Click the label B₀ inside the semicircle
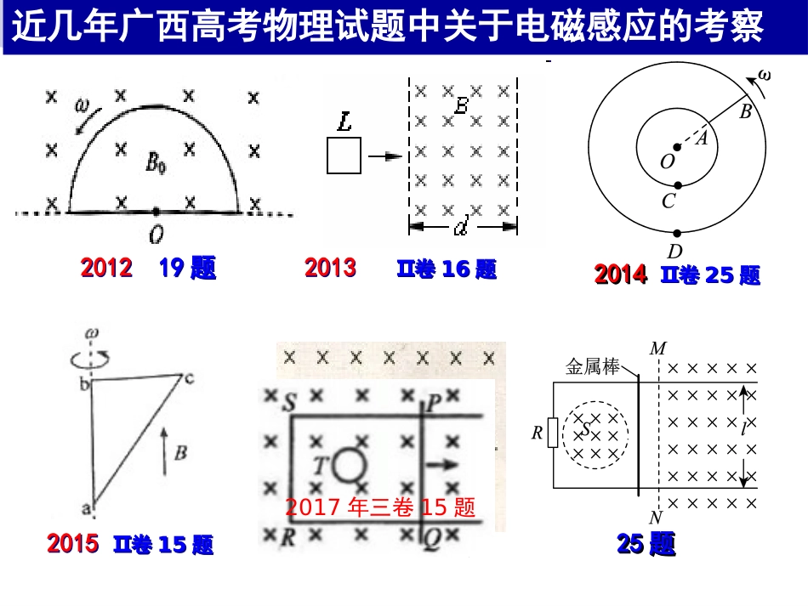[156, 162]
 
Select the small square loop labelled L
[344, 156]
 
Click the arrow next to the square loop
[386, 156]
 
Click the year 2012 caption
[106, 269]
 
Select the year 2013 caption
[330, 269]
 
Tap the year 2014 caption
[621, 275]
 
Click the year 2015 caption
[73, 543]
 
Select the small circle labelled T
[347, 466]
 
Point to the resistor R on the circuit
[553, 433]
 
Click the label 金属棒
[593, 367]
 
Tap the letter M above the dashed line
[657, 348]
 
